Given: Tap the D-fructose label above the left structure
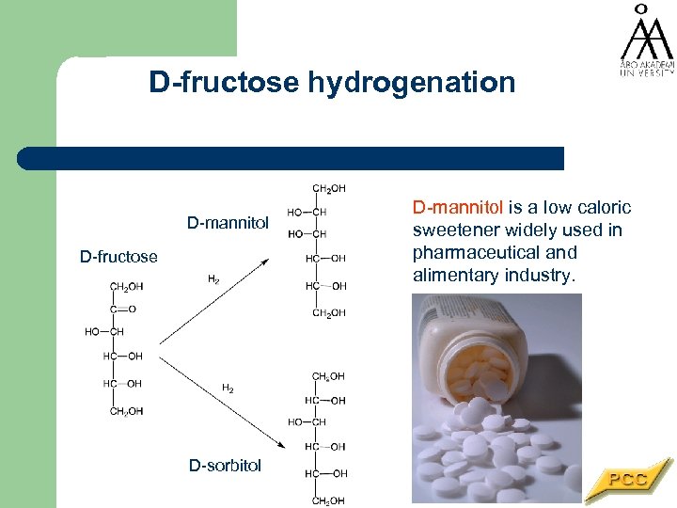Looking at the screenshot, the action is click(118, 257).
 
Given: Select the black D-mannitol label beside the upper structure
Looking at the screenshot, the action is click(228, 223).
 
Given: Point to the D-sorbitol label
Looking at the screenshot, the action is click(225, 465).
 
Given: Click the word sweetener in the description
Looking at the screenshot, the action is click(456, 230).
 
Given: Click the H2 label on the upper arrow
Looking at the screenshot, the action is click(213, 279).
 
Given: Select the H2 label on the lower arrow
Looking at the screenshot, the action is click(228, 388).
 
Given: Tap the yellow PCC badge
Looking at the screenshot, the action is click(628, 480).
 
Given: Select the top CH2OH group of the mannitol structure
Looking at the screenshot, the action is click(328, 188).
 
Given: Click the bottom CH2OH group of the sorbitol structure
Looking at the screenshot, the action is click(328, 500).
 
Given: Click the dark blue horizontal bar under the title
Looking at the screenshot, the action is click(291, 158).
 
